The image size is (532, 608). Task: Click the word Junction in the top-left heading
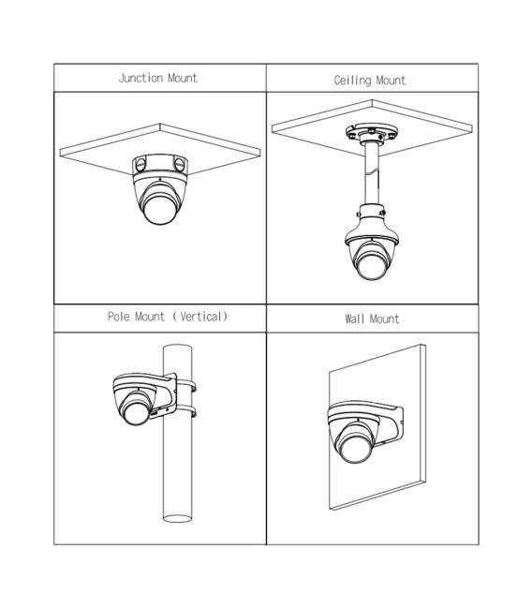(x=140, y=79)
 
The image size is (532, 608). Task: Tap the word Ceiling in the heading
(x=352, y=81)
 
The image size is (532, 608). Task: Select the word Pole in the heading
(x=119, y=317)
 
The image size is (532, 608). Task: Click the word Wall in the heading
(x=354, y=319)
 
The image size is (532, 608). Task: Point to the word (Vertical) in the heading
(x=199, y=317)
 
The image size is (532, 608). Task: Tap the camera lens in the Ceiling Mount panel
(x=371, y=266)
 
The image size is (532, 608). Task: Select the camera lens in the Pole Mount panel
(x=136, y=412)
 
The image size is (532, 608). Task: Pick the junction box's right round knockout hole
(x=179, y=164)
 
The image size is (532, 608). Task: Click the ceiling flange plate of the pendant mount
(x=372, y=132)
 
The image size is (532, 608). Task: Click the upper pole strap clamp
(x=186, y=387)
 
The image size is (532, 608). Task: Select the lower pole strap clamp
(x=186, y=411)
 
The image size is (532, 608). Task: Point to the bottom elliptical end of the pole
(x=178, y=518)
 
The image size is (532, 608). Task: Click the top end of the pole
(x=178, y=348)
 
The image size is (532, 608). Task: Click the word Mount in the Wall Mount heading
(x=384, y=319)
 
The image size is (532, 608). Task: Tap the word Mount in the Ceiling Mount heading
(x=391, y=81)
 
